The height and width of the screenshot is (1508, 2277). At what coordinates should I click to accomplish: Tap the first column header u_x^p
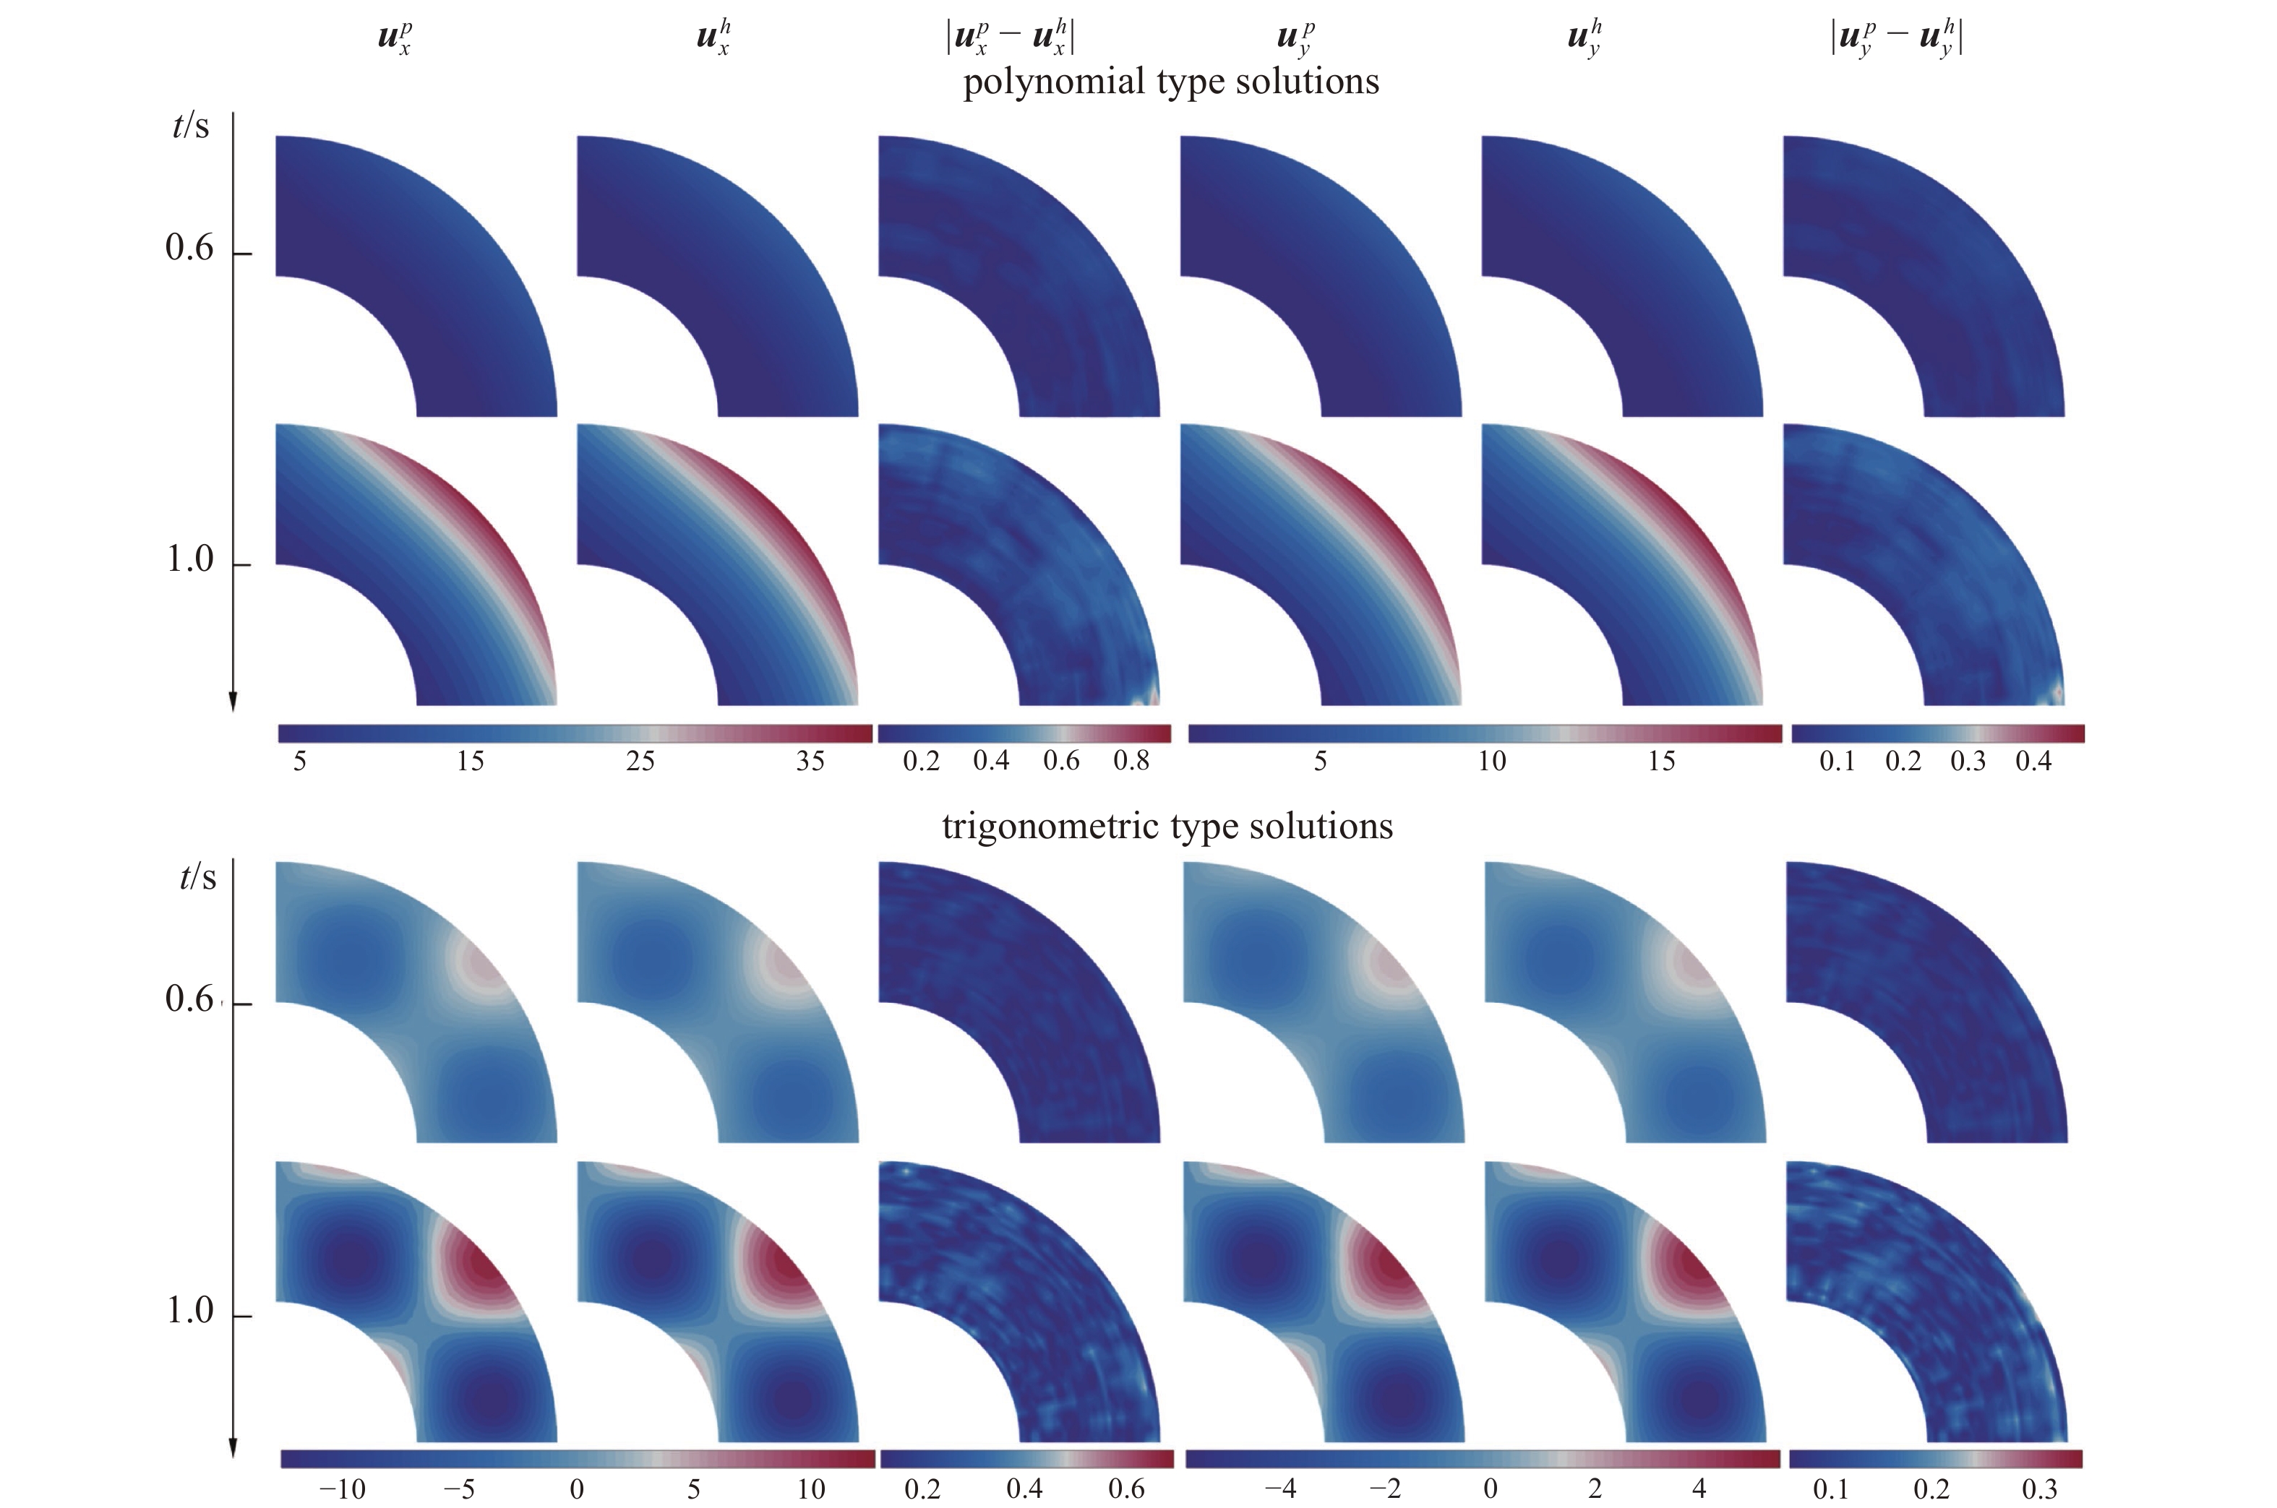pos(395,38)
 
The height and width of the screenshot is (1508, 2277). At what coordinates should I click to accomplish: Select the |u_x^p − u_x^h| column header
pos(1010,38)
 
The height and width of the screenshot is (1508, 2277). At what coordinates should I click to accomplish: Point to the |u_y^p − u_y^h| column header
pos(1896,38)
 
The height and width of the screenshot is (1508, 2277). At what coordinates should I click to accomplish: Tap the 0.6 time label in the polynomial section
pos(189,248)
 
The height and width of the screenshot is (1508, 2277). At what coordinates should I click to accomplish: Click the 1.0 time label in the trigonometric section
pos(189,1311)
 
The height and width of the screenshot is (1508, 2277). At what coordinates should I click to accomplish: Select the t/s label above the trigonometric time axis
pos(197,877)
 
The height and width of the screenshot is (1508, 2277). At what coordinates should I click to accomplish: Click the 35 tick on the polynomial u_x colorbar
pos(810,762)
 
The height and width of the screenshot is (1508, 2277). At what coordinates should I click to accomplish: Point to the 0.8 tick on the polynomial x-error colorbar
pos(1131,762)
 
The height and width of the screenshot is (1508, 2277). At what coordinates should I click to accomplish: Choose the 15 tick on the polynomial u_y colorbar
pos(1661,762)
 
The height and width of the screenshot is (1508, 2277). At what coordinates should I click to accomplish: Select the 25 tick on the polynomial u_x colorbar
pos(640,762)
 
